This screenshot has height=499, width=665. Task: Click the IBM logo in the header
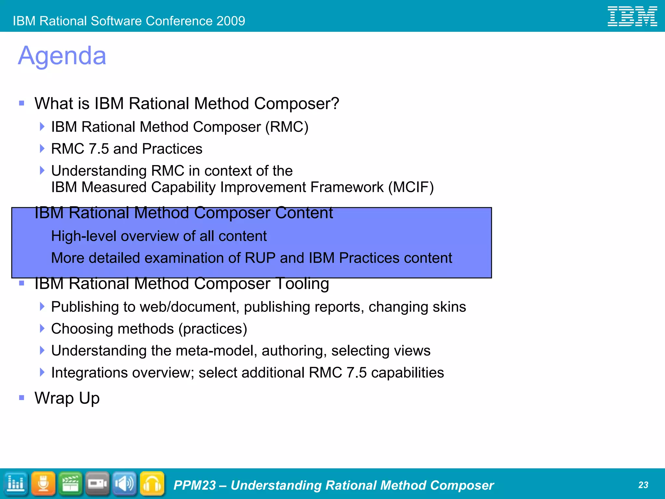(632, 16)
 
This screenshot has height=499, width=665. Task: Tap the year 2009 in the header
(231, 21)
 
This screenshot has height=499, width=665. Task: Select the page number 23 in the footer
(643, 485)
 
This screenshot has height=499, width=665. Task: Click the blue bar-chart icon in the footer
(16, 484)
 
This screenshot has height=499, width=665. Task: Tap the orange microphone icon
(43, 484)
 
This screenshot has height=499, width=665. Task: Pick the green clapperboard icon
(70, 484)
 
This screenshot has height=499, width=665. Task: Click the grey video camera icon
(97, 484)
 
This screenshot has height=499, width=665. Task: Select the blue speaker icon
(125, 484)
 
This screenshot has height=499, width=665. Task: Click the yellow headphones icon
(152, 484)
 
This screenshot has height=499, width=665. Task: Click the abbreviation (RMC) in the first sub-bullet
(287, 127)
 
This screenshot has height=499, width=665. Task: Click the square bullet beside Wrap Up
(22, 398)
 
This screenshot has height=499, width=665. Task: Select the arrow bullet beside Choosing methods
(42, 328)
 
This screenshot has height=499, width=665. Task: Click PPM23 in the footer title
(194, 485)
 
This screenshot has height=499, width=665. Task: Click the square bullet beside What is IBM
(22, 103)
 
